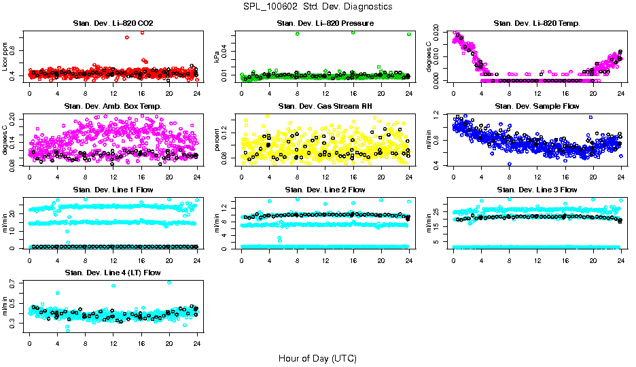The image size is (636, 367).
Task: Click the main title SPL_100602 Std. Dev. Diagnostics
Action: (x=317, y=6)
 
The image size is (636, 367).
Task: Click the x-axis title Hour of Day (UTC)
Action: (x=317, y=357)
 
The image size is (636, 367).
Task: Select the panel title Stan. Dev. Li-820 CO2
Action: (x=113, y=23)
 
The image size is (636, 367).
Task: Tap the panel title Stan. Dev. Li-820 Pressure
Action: (x=325, y=23)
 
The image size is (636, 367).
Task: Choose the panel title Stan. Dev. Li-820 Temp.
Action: (x=537, y=23)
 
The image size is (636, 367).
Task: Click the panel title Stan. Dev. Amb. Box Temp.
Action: (x=113, y=106)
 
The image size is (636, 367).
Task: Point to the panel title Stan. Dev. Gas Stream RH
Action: (x=325, y=106)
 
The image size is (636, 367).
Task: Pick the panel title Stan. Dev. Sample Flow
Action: (x=537, y=106)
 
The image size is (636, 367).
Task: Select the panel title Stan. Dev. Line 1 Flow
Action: (x=113, y=190)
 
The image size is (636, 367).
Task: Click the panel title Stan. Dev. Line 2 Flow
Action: (x=325, y=190)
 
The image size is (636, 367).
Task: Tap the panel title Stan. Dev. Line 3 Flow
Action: (x=537, y=190)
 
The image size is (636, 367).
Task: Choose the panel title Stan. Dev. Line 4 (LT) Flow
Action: (x=113, y=273)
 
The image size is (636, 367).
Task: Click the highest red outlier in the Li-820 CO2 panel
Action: (x=142, y=32)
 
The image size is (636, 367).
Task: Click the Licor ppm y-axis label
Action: (x=5, y=56)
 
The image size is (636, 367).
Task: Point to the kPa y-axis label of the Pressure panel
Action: (x=217, y=56)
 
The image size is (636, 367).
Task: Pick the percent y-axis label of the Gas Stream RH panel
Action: (x=217, y=139)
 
